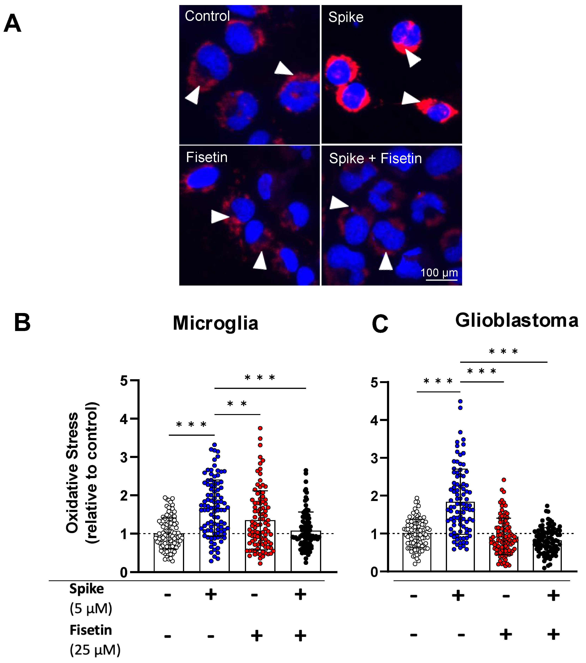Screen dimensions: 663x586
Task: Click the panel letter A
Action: [x=12, y=23]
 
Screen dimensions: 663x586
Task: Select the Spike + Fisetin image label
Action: [x=375, y=159]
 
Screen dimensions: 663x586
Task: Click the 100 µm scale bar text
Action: [x=439, y=273]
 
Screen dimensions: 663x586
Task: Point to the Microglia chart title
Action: [x=215, y=323]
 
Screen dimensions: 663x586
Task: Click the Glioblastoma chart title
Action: [x=517, y=321]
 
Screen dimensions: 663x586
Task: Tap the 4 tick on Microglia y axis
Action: [x=124, y=419]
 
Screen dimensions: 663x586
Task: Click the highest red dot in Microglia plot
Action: [x=260, y=428]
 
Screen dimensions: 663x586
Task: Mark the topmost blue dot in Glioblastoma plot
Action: [x=460, y=401]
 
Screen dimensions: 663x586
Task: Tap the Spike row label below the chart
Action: [x=86, y=589]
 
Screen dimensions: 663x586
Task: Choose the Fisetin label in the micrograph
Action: [x=206, y=157]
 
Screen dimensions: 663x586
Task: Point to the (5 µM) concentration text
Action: [x=91, y=608]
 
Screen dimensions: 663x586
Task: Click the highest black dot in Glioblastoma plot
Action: [x=547, y=506]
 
